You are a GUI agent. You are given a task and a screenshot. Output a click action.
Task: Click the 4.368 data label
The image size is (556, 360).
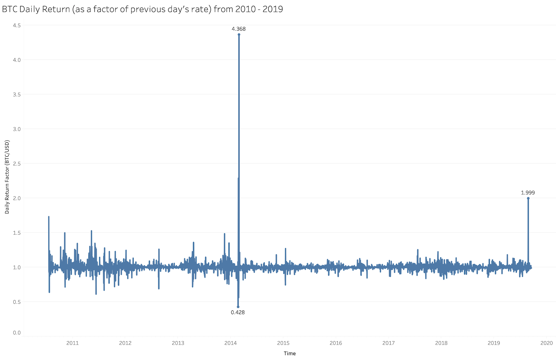coord(239,29)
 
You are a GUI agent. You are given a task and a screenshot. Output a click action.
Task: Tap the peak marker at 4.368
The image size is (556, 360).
coord(239,34)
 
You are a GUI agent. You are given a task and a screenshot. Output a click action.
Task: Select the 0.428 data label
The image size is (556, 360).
coord(238,312)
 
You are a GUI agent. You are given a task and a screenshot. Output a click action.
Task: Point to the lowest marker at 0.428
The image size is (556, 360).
coord(238,307)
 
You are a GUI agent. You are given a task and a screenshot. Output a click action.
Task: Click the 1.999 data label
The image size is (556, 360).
coord(528,193)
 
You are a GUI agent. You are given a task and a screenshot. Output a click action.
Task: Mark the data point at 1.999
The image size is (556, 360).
coord(528,198)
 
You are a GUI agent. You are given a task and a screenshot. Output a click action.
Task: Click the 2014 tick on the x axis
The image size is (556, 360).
coord(231,343)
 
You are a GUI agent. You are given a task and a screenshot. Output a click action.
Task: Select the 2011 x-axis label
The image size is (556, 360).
coord(73,343)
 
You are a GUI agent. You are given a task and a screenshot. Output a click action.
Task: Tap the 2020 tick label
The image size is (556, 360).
coord(547,343)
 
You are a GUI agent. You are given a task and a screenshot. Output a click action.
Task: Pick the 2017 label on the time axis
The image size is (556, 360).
coord(389,343)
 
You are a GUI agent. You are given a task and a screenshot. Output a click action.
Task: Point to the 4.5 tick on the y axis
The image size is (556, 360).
coord(17,25)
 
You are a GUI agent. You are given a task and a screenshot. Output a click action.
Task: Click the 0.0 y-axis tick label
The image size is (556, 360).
coord(17,333)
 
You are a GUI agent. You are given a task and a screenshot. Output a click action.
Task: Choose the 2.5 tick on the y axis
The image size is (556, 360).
coord(17,163)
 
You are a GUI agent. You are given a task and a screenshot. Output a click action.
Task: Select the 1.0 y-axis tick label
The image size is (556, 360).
coord(17,267)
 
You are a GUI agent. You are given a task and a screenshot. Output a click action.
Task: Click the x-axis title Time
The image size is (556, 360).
coord(290,353)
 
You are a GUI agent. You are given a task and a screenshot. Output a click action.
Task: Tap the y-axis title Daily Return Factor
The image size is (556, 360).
coord(7,177)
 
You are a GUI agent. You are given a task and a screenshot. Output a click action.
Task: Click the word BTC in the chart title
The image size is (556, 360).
coord(10,9)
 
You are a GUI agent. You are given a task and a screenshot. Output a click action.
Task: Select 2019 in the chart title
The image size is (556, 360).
coord(273,9)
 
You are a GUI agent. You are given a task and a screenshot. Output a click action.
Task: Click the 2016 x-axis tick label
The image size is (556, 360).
coord(336,343)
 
